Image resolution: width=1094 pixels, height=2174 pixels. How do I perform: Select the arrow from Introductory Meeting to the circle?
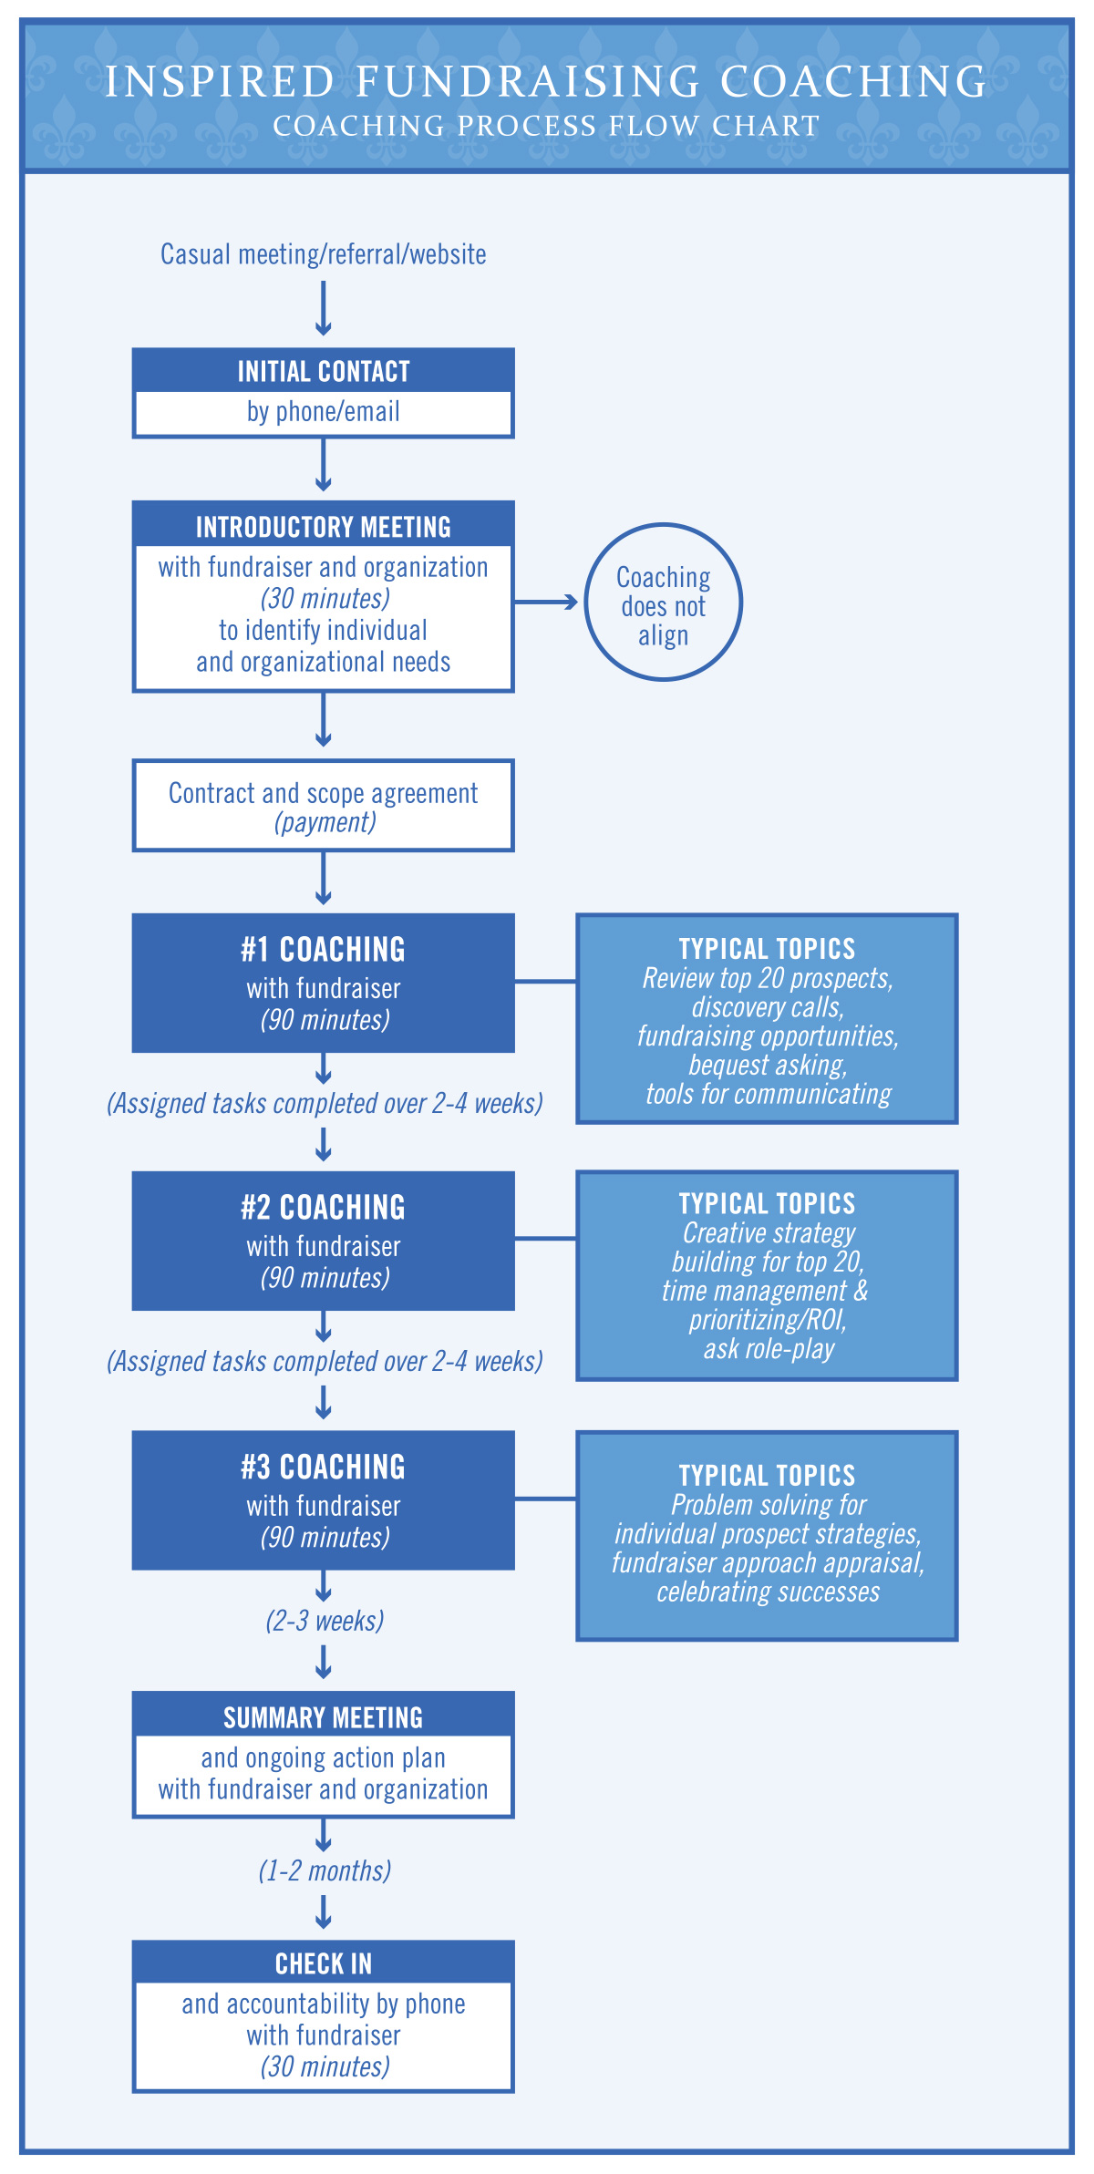[x=546, y=602]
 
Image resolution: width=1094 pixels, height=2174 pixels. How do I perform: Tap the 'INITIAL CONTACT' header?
[x=324, y=371]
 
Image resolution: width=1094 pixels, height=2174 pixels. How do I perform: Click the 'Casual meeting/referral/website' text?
[x=324, y=253]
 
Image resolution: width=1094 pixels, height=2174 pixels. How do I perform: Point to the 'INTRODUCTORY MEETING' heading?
[x=324, y=527]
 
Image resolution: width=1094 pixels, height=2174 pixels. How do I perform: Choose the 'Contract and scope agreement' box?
[x=324, y=806]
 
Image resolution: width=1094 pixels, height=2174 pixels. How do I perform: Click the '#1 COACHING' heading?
[x=324, y=949]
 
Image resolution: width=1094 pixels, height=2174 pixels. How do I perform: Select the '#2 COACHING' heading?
[x=324, y=1207]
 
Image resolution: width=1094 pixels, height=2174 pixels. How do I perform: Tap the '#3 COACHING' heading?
[x=324, y=1467]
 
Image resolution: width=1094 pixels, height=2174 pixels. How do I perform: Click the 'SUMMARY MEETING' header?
[x=324, y=1718]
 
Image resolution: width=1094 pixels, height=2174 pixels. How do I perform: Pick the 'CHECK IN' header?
[x=324, y=1963]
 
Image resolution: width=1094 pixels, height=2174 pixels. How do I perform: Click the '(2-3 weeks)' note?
[x=325, y=1621]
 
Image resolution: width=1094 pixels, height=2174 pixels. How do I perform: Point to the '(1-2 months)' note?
[x=325, y=1870]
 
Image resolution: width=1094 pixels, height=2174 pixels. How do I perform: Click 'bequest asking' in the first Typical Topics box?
[x=768, y=1065]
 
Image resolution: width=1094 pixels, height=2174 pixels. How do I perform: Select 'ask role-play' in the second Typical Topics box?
[x=769, y=1349]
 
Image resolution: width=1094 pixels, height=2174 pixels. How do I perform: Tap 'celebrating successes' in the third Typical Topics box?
[x=769, y=1592]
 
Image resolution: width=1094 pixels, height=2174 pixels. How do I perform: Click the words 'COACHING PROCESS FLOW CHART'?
[x=547, y=126]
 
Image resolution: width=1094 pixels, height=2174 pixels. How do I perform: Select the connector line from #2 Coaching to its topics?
[x=545, y=1239]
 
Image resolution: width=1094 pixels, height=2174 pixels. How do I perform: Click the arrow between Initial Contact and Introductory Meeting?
[x=324, y=466]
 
